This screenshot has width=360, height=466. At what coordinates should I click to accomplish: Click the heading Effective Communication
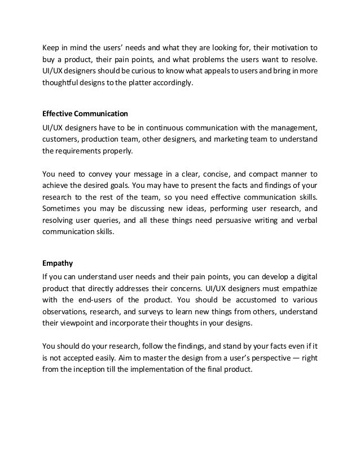[x=81, y=113]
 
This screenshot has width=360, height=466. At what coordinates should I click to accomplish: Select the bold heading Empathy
[x=58, y=262]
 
